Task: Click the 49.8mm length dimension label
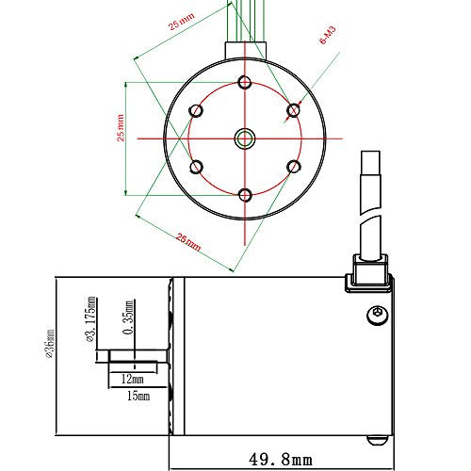pos(281,460)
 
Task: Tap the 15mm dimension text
pos(138,396)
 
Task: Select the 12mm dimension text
pos(132,380)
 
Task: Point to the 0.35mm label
pos(129,317)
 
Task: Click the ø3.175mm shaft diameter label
pos(90,319)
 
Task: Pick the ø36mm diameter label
pos(50,344)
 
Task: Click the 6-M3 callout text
pos(328,35)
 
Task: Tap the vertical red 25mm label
pos(121,128)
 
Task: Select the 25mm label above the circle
pos(182,22)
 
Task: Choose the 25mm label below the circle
pos(188,242)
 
